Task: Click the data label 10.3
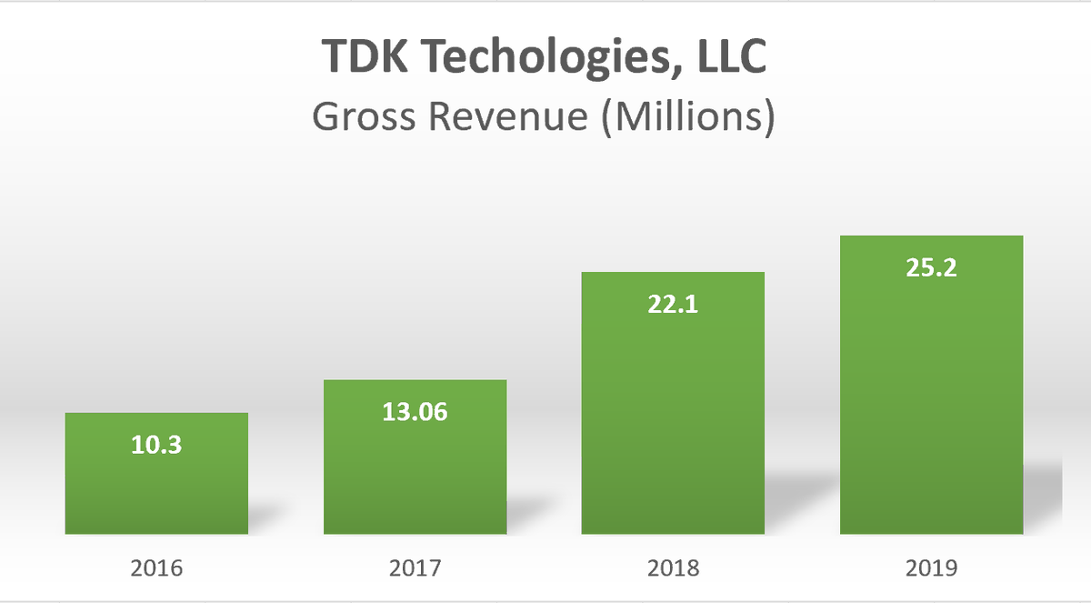156,447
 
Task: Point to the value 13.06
415,412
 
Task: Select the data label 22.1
673,305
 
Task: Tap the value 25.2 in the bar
931,269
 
